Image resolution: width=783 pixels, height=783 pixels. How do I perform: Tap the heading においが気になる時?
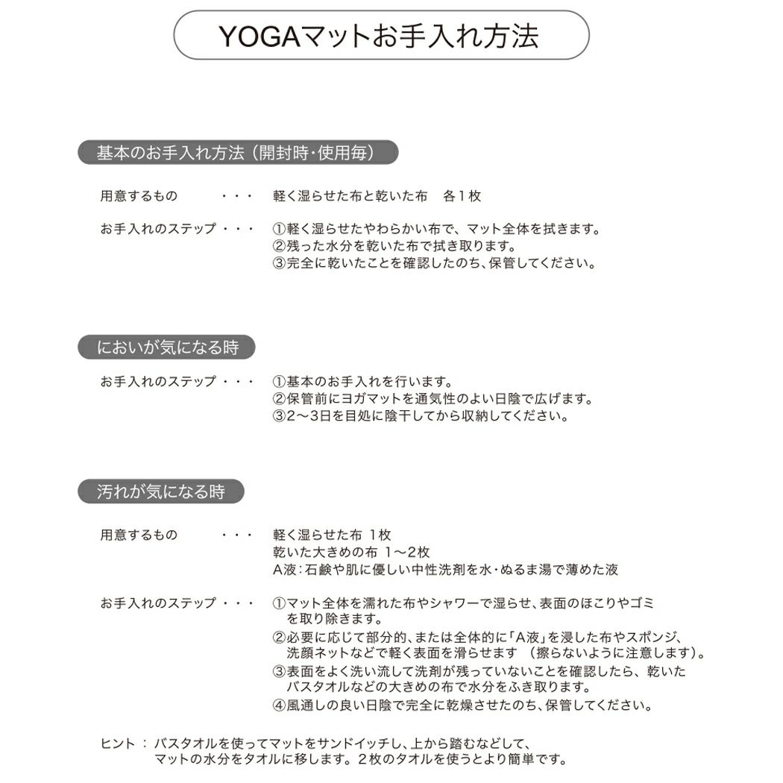click(166, 347)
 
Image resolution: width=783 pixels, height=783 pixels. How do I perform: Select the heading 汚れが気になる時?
click(160, 491)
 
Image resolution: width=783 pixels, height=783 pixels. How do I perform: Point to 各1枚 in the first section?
click(462, 196)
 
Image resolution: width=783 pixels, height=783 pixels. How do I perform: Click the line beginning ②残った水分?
click(394, 246)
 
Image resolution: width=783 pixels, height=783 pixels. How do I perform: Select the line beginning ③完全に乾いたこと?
click(434, 263)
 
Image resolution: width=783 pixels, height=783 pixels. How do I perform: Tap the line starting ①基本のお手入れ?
click(363, 382)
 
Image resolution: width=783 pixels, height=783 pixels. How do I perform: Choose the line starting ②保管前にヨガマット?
click(433, 399)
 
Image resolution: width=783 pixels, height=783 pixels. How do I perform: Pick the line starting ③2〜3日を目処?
click(421, 416)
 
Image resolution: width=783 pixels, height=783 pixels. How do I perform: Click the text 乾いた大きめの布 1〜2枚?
click(351, 553)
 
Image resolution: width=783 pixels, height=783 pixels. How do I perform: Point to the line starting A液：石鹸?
click(445, 570)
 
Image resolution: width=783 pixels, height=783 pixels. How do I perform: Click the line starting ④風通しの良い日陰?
click(462, 705)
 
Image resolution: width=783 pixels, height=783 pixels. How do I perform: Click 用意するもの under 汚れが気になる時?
click(139, 535)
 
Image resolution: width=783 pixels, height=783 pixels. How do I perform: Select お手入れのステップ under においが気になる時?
click(157, 382)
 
